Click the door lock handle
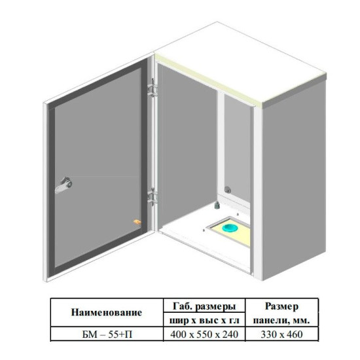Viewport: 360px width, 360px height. coord(64,185)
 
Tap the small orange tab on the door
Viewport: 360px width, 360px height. coord(137,222)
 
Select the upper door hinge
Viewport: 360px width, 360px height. coord(153,88)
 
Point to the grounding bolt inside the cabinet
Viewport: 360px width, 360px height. coord(217,205)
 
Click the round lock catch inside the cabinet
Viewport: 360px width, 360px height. coord(228,190)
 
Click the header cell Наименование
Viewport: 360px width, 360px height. coord(107,312)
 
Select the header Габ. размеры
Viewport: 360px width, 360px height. coord(204,306)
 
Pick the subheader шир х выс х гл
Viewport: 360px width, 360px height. coord(204,320)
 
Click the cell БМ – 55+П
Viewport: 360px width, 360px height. coord(107,334)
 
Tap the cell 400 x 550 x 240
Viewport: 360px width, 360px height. coord(204,334)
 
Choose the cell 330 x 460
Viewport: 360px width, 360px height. coord(281,334)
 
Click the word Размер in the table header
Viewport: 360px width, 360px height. coord(281,306)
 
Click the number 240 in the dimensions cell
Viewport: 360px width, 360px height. coord(230,334)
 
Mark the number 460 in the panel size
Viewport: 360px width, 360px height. coord(295,334)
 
